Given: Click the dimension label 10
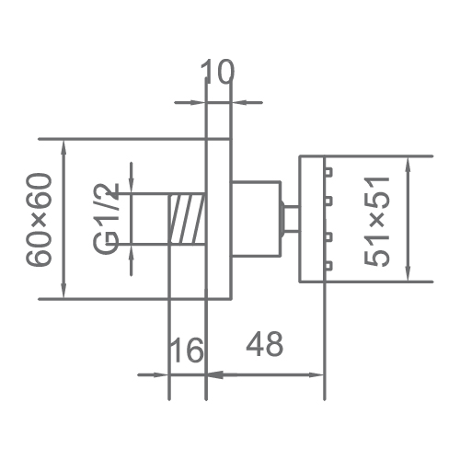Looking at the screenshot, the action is (218, 71).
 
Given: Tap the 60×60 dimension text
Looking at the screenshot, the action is (39, 220).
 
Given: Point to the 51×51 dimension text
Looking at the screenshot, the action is (377, 220).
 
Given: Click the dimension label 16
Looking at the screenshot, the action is (187, 350).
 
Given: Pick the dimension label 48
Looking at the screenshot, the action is (265, 343).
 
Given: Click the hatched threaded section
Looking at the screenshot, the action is (188, 219).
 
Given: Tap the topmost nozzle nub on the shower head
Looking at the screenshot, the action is (328, 172).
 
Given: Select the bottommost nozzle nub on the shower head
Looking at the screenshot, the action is (328, 266).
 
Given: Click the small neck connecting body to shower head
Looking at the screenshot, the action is (291, 219).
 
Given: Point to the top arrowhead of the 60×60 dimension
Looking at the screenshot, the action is (63, 148).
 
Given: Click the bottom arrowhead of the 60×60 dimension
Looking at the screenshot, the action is (63, 289).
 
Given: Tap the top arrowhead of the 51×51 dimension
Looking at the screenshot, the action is (408, 165).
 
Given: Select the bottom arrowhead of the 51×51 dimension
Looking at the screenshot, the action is (408, 272).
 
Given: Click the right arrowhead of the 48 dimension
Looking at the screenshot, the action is (315, 374).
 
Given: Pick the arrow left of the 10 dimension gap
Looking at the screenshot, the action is (190, 102).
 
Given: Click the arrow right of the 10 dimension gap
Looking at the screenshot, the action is (247, 102).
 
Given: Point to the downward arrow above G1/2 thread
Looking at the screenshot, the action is (132, 178).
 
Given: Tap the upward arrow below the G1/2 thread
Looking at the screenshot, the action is (132, 260).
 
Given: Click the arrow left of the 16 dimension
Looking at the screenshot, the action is (154, 374).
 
